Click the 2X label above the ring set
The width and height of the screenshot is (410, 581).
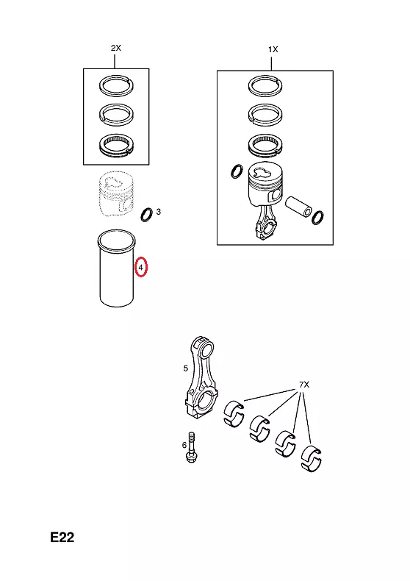116,48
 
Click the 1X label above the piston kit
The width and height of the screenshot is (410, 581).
273,49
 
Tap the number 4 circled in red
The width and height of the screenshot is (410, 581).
140,267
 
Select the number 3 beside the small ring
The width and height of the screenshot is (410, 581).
159,212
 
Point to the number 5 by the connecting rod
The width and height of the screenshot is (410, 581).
185,368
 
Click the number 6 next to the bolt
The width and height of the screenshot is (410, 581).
184,445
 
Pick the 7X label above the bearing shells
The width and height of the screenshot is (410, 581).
304,385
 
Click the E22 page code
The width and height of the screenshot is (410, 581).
62,537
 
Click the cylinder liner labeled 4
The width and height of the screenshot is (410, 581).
116,268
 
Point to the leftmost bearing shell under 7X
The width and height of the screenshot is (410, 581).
234,413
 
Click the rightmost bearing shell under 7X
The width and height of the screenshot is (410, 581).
312,459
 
